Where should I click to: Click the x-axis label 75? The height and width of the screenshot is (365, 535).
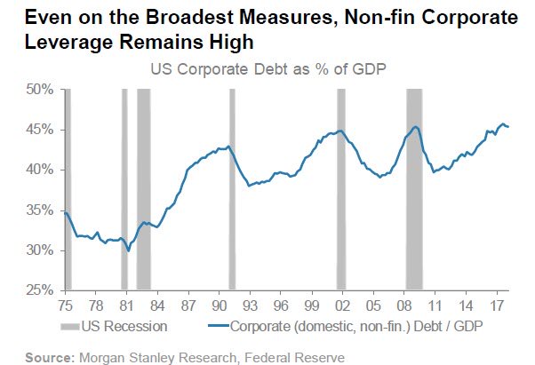coord(66,304)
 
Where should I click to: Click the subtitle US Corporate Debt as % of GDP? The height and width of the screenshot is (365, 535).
coord(274,69)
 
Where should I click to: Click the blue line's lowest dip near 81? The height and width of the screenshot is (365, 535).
coord(129,251)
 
